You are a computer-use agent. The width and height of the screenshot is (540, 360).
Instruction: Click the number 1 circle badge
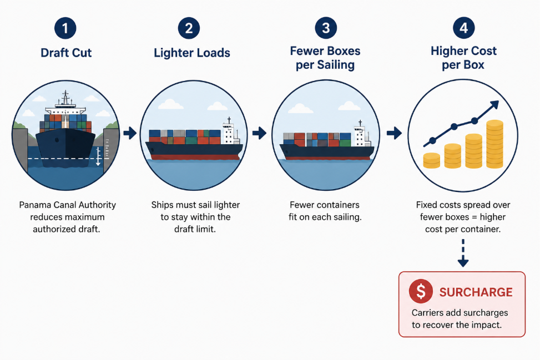pos(65,28)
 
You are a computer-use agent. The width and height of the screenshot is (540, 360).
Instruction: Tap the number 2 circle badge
pos(189,28)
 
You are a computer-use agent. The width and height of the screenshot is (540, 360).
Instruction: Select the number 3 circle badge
pos(326,28)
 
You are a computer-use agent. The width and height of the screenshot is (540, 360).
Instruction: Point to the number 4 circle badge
pos(463,28)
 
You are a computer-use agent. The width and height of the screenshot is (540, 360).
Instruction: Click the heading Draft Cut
pos(66,53)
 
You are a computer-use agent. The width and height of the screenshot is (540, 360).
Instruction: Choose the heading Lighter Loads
pos(192,53)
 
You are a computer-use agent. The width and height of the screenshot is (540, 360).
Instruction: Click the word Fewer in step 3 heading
pos(306,51)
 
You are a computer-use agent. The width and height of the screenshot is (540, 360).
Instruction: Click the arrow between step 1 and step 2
pos(130,133)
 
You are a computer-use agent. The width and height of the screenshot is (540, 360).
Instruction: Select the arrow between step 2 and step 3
pos(259,133)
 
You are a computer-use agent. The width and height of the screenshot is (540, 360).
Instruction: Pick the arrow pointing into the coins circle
pos(394,133)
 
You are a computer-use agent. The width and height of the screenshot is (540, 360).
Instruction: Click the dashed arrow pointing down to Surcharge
pos(463,253)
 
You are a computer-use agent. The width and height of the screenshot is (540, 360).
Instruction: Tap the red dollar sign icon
pos(421,291)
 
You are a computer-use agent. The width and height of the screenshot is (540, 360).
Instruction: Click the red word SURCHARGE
pos(476,292)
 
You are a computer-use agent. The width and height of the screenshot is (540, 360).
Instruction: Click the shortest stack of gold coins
pos(432,160)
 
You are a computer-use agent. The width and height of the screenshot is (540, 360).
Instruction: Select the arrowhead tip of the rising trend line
pos(498,101)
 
